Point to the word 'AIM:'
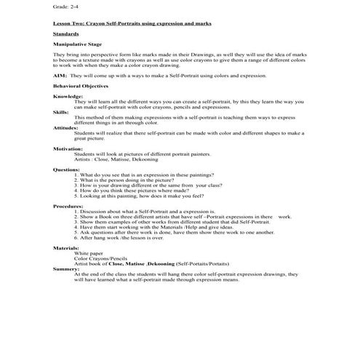[60, 75]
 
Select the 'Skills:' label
[61, 112]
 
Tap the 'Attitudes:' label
[66, 127]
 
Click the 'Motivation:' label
[68, 148]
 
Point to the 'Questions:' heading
[67, 169]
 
